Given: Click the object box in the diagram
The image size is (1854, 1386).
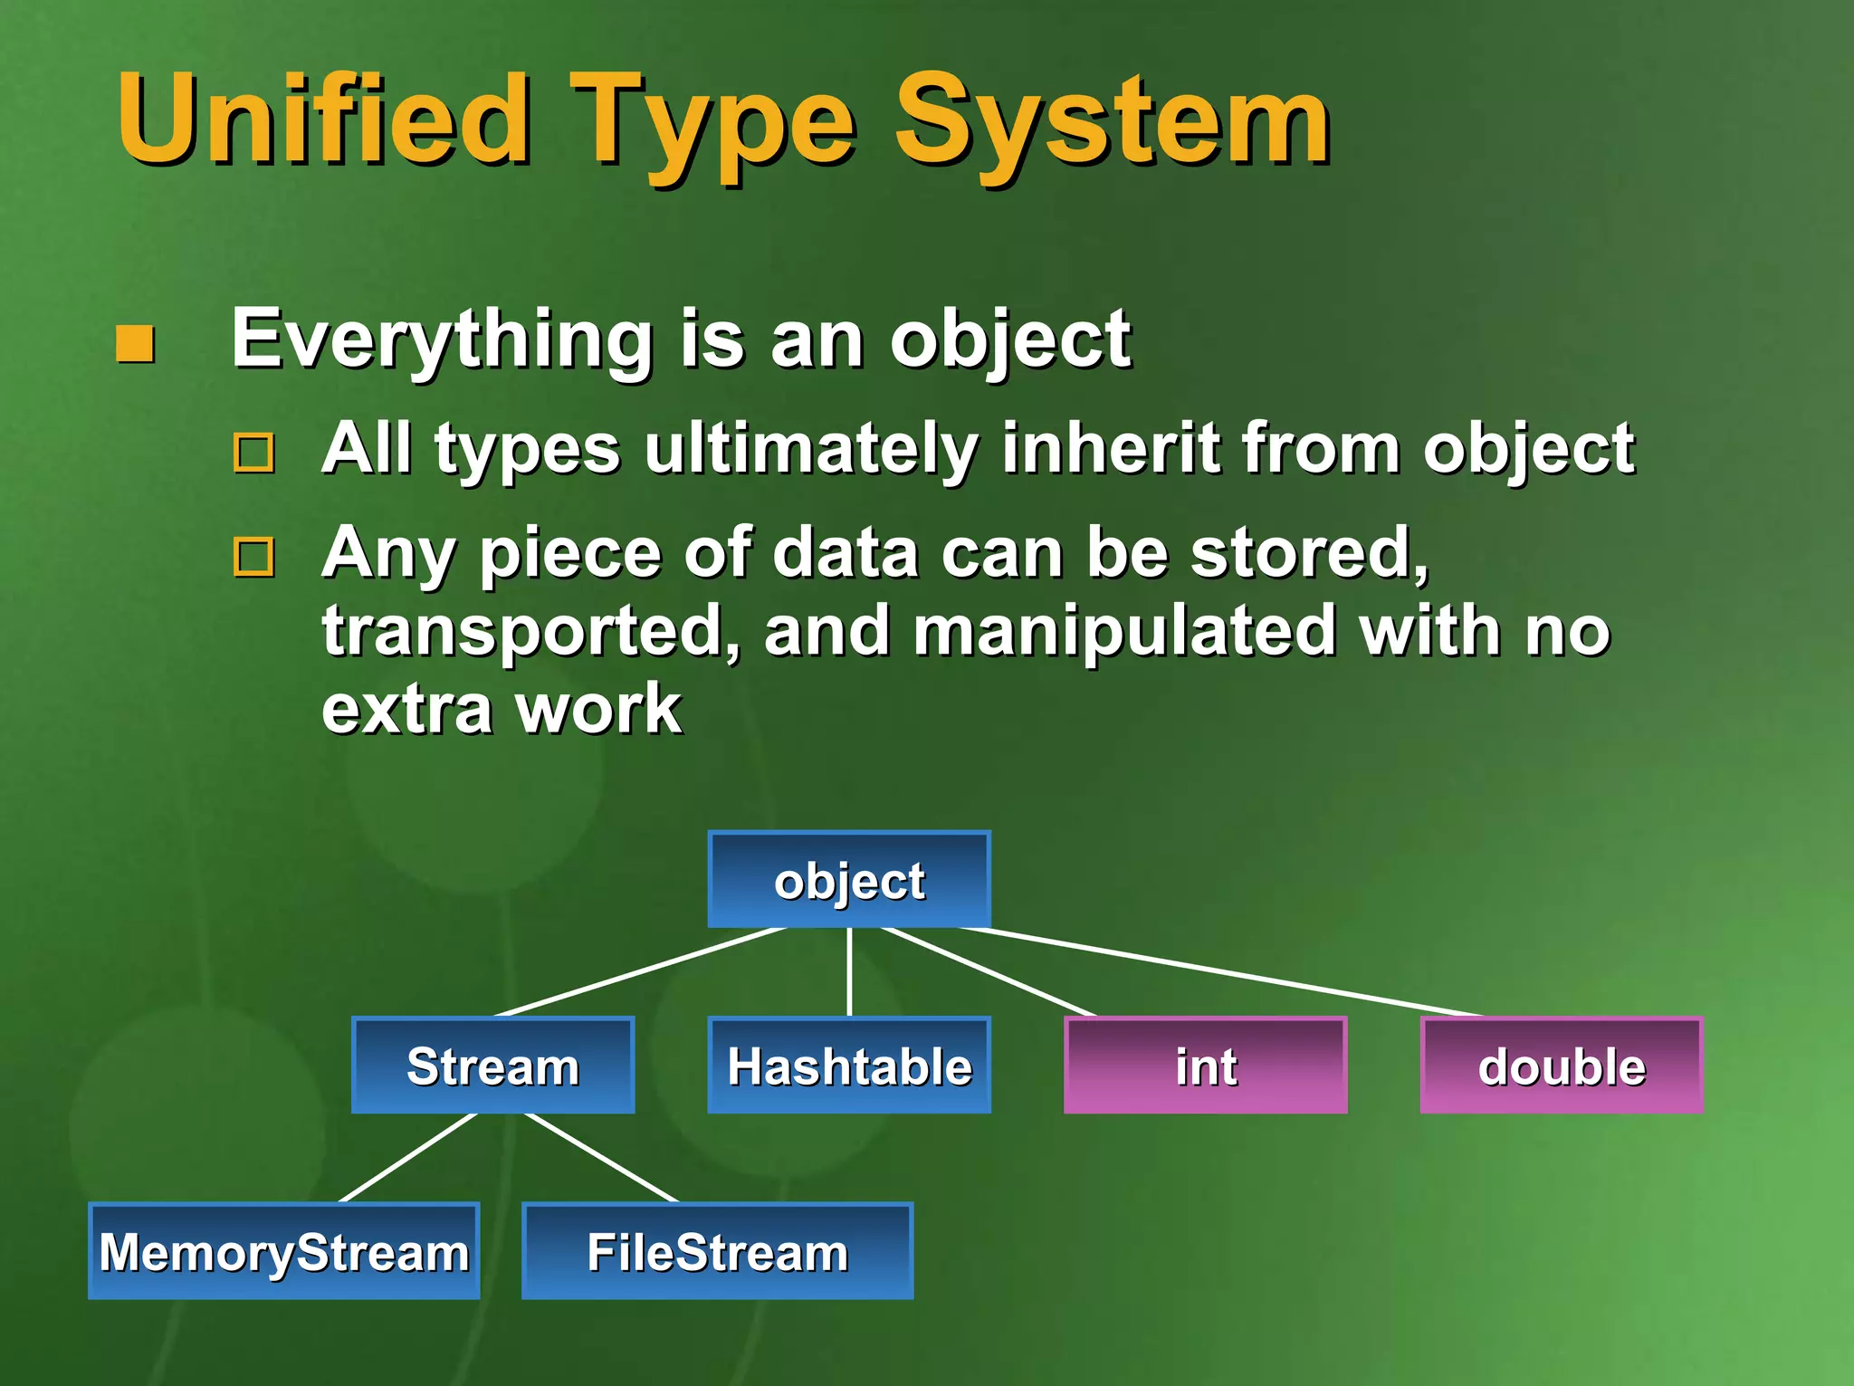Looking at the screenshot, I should (x=849, y=880).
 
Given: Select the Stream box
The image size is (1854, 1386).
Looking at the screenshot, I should (x=493, y=1066).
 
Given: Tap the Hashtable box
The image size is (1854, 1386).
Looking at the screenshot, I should (x=849, y=1066).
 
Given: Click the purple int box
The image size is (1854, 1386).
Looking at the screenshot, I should (x=1205, y=1066).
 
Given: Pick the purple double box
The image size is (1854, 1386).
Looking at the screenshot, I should (x=1562, y=1066).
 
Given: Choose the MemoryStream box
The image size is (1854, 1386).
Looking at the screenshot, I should (x=284, y=1251).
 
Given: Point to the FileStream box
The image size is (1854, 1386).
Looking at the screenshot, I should (x=717, y=1251).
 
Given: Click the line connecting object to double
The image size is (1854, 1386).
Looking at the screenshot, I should (x=1222, y=972).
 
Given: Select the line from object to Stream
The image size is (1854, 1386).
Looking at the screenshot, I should (x=641, y=972).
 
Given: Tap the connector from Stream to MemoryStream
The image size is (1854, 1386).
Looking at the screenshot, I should (x=407, y=1158).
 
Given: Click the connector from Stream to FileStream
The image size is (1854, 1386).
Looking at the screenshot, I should (x=601, y=1158).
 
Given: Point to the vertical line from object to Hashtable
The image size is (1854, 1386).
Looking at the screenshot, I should (x=849, y=972).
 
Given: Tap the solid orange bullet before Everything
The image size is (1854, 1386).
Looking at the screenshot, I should (x=136, y=344).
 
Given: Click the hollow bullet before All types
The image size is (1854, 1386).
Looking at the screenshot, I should (x=254, y=453).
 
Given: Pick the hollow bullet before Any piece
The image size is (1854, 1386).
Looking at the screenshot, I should (x=254, y=557).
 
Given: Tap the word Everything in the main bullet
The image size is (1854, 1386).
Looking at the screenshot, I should (x=442, y=339).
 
